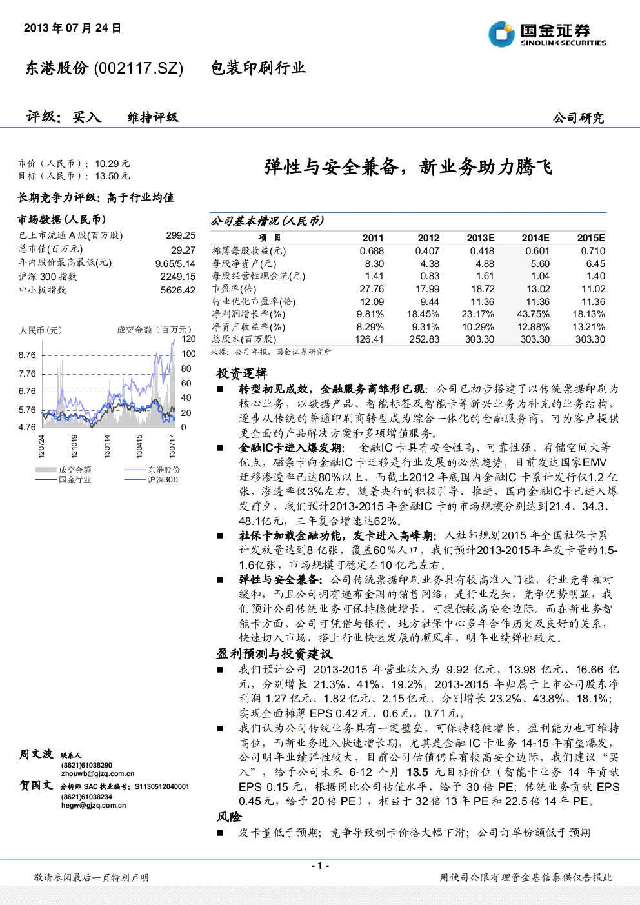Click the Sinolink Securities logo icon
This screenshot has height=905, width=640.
pos(501,34)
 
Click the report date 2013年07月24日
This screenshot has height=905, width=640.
pos(73,28)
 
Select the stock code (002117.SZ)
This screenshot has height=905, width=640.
pos(138,68)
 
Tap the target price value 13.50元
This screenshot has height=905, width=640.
pos(112,175)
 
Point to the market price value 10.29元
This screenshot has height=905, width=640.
pos(112,164)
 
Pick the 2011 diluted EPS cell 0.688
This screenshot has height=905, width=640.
pos(372,251)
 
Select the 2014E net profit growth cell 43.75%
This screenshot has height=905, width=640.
pos(534,314)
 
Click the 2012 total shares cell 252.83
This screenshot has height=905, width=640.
pos(425,339)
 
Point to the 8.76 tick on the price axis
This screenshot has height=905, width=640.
pos(27,355)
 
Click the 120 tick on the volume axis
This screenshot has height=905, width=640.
pos(188,339)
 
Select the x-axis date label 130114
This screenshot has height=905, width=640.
pos(107,446)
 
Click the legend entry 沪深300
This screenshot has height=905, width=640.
pos(163,479)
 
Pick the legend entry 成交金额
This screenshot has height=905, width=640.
pos(75,470)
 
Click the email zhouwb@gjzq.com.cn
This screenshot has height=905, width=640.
pos(98,773)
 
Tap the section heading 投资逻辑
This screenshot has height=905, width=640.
pos(242,373)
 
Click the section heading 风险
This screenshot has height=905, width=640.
pos(229,817)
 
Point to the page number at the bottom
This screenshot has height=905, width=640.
pos(321,866)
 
